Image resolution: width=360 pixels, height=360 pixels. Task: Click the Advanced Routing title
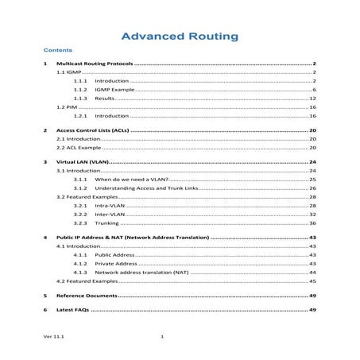178,36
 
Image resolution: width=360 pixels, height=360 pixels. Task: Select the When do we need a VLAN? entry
131,180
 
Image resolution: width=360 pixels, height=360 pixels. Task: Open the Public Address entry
114,255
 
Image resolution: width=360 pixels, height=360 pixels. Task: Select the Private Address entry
115,264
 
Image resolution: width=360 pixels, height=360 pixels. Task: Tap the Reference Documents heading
91,295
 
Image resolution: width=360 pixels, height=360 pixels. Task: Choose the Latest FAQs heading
78,309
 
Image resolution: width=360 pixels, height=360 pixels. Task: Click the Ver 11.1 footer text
54,338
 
